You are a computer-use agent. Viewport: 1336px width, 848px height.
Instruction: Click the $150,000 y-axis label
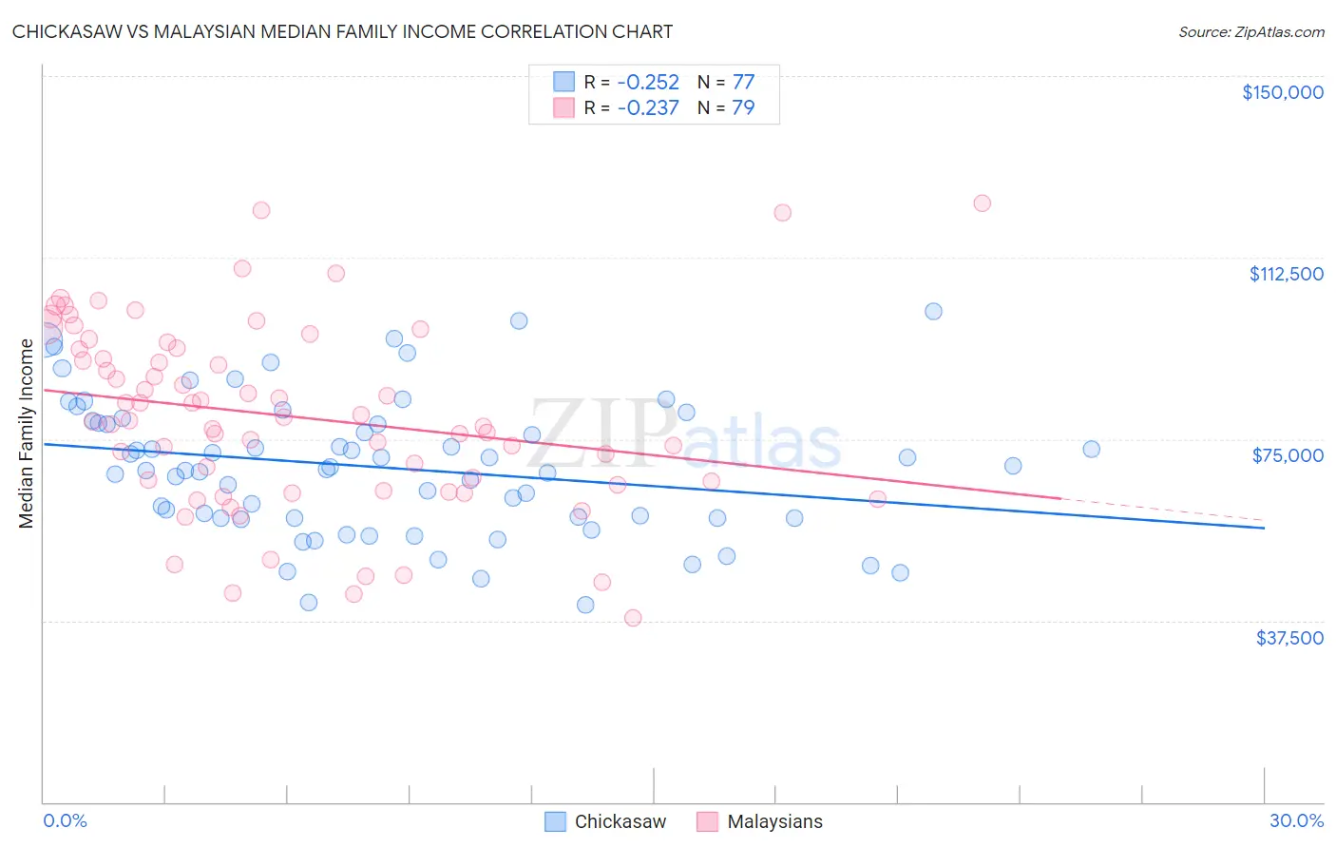1282,92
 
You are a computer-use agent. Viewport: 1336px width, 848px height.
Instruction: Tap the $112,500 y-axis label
1286,274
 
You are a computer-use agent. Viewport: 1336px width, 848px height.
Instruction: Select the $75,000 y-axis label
1288,455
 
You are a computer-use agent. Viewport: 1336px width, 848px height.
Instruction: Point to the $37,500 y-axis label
1289,638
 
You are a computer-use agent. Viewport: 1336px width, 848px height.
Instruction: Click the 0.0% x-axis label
65,820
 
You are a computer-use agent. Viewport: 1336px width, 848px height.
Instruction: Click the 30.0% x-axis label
1296,820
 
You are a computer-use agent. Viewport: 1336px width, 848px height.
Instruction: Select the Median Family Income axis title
26,434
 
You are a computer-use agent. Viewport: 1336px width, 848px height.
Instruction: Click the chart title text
342,31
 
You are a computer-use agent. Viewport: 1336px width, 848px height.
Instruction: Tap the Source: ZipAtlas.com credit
1250,31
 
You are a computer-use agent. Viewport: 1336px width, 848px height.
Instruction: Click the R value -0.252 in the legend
648,82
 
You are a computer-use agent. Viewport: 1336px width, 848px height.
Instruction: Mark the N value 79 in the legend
743,107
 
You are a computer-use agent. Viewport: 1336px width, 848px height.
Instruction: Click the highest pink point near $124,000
982,202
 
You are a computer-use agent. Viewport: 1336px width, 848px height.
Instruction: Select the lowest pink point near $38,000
633,618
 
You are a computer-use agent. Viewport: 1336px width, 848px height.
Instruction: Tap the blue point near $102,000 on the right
933,311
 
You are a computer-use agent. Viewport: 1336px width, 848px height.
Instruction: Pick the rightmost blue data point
1091,449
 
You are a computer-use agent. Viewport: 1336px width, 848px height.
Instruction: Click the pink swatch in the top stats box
564,107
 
